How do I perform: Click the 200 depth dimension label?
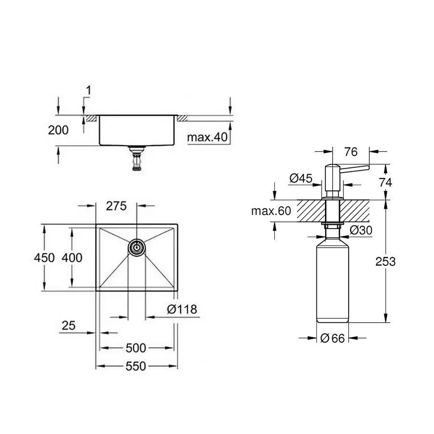coord(58,130)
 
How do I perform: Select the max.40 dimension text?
coord(207,137)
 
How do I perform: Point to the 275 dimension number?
coord(116,206)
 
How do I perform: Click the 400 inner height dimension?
coord(72,258)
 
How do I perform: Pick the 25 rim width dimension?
coord(68,325)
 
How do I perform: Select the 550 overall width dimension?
coord(136,366)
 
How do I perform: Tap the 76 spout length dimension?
coord(351,152)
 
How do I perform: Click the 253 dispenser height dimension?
coord(385,261)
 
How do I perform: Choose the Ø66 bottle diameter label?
coord(332,339)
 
